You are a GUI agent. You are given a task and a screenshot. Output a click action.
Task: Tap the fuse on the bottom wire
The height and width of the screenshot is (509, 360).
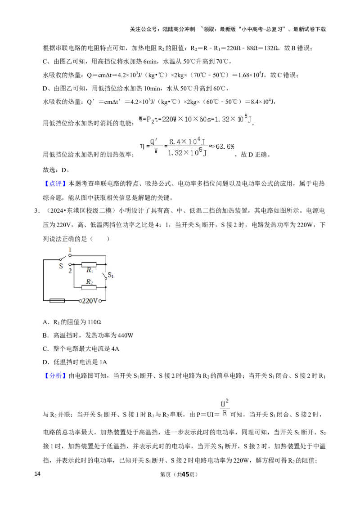(x=57, y=300)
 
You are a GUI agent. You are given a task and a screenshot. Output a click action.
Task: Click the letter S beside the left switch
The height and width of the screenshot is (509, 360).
(x=60, y=266)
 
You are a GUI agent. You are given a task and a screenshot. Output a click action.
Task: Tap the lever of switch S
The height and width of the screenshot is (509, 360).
(x=59, y=259)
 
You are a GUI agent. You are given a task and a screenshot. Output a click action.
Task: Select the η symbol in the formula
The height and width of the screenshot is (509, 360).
(x=142, y=146)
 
